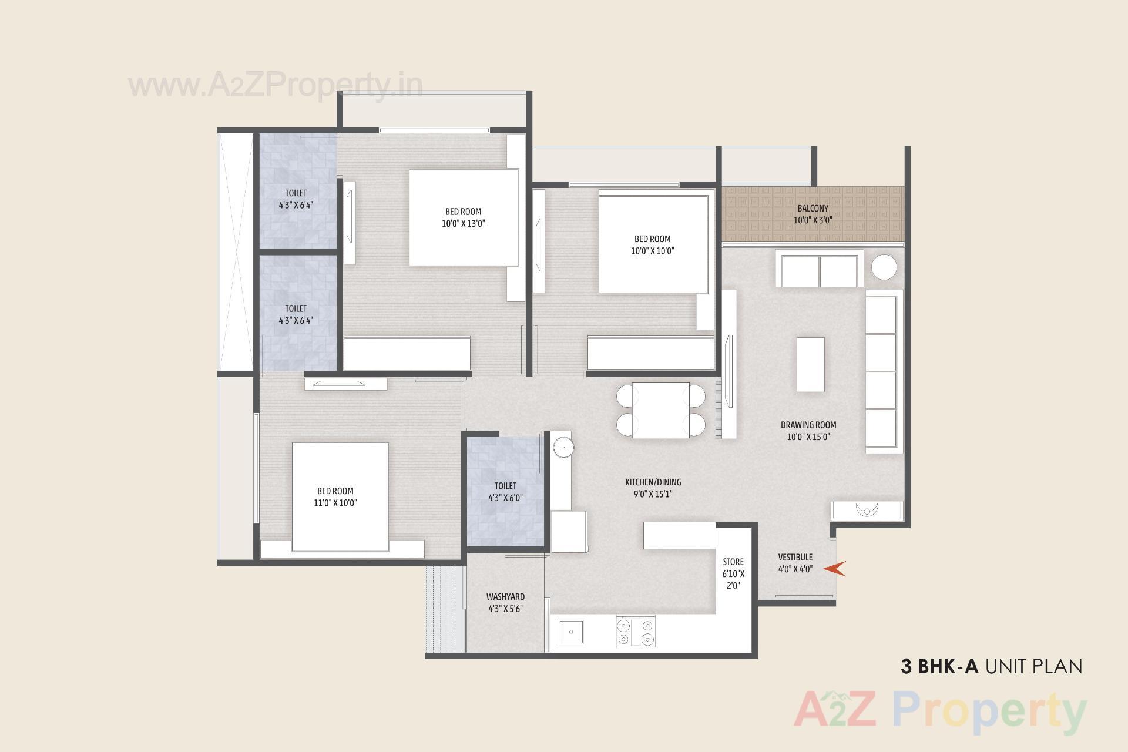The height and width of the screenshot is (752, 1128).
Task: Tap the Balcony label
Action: [x=813, y=209]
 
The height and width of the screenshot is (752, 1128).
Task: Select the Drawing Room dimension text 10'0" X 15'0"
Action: [x=808, y=437]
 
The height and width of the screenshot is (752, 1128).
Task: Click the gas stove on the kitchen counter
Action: [x=635, y=632]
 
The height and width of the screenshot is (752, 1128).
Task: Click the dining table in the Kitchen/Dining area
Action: [x=660, y=410]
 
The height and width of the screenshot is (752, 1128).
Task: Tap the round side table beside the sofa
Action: [x=884, y=268]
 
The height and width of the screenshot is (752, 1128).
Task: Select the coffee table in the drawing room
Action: [x=810, y=364]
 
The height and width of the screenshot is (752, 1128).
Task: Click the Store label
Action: [x=733, y=562]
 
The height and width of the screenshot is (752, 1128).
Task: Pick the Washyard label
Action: [x=505, y=597]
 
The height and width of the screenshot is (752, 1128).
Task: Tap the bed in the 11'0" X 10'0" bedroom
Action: [x=340, y=497]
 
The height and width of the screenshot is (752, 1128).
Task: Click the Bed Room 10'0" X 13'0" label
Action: [x=463, y=217]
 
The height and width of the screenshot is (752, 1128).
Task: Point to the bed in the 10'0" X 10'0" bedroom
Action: [x=653, y=244]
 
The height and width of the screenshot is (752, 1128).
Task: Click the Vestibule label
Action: [x=795, y=557]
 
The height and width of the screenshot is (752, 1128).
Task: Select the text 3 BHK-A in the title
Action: [x=939, y=666]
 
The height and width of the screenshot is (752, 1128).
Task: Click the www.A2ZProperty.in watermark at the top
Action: [x=275, y=86]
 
